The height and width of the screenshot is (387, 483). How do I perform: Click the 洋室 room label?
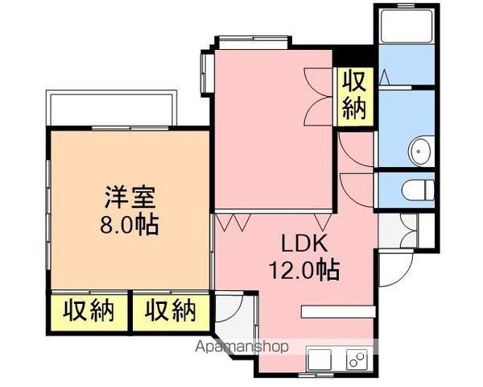[x=130, y=198]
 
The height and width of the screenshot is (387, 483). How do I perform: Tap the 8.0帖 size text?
[x=130, y=225]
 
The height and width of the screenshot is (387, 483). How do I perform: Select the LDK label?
[x=304, y=243]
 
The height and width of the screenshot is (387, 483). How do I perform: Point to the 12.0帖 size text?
[x=304, y=269]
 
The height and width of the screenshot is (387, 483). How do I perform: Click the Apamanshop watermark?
[x=242, y=347]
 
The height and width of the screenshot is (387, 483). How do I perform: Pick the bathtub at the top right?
[x=407, y=26]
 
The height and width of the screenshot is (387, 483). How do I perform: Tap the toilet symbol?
[x=419, y=190]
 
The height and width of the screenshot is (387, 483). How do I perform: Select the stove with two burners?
[x=357, y=360]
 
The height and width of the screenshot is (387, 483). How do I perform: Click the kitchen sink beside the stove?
[x=319, y=360]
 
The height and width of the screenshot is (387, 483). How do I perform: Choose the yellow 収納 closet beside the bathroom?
[x=355, y=97]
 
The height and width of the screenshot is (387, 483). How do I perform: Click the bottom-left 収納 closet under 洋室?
[x=89, y=312]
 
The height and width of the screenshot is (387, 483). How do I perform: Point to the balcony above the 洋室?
[x=111, y=108]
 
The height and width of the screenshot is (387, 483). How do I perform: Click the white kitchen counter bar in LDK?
[x=338, y=312]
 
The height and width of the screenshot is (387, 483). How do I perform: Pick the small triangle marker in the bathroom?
[x=384, y=77]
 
